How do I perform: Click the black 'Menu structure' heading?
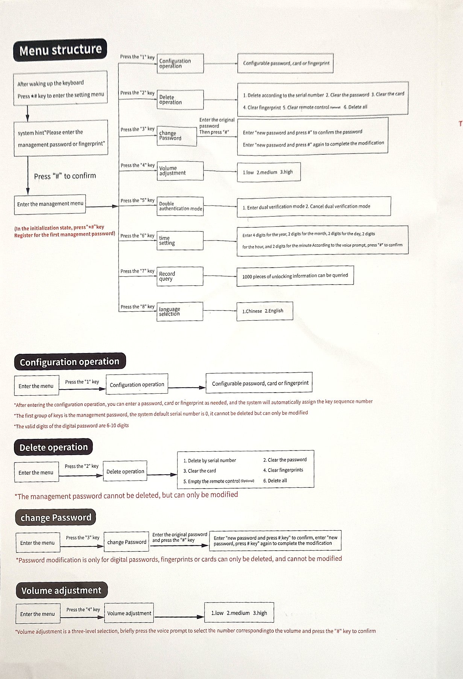(x=60, y=50)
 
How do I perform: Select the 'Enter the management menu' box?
(x=50, y=204)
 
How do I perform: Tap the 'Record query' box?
(x=180, y=276)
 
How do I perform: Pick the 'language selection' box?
(x=180, y=312)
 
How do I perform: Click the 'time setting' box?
(x=180, y=241)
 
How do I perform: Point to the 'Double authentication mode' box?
(x=180, y=206)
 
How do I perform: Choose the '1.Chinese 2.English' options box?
(x=264, y=311)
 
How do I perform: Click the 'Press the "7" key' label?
(x=137, y=271)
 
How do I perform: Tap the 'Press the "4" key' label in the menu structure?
(x=137, y=165)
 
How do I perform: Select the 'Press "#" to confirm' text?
(x=65, y=176)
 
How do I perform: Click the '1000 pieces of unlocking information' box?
(x=295, y=276)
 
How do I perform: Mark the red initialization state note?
(x=64, y=231)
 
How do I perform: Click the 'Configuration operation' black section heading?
(x=70, y=362)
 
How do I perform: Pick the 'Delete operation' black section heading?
(x=53, y=448)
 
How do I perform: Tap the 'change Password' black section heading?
(x=56, y=518)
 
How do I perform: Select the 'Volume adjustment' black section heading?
(x=61, y=591)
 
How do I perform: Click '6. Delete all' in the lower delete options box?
(x=275, y=481)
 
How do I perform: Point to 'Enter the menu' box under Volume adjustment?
(x=37, y=614)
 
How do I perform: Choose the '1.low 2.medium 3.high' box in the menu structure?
(x=269, y=172)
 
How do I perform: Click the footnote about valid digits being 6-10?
(x=71, y=426)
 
